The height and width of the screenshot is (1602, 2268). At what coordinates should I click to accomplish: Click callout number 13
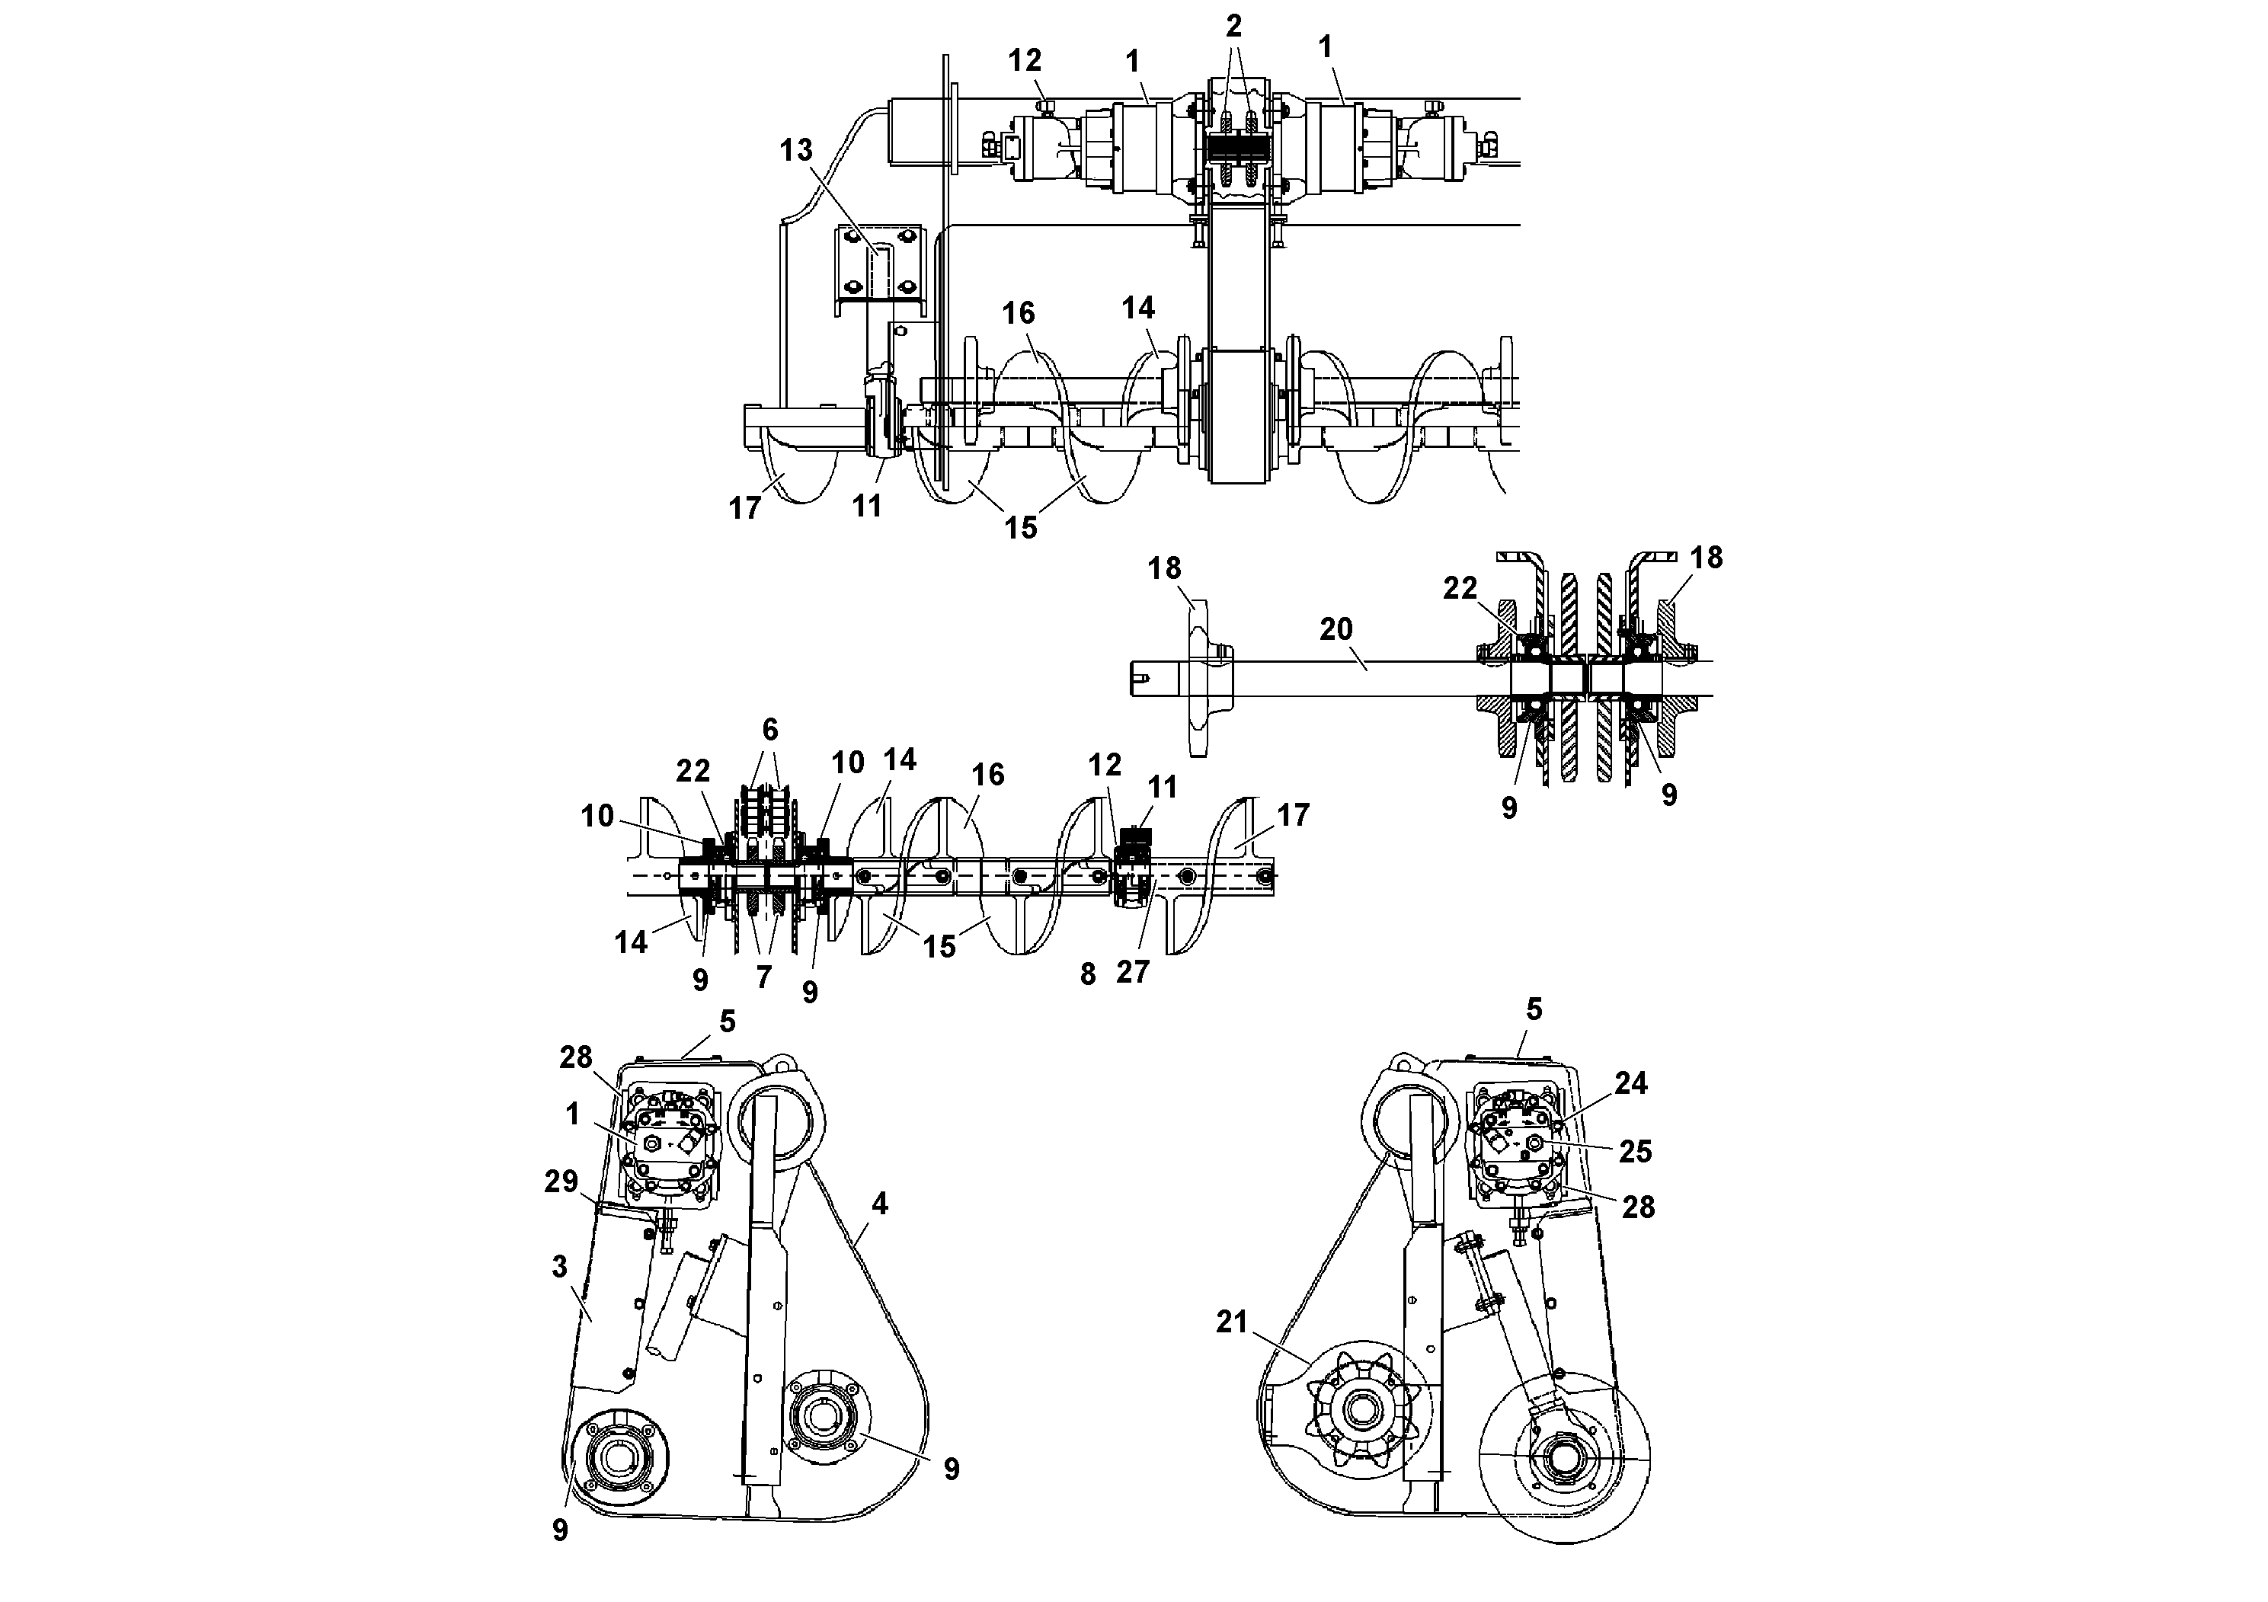coord(795,150)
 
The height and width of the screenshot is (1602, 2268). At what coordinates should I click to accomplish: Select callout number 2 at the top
coord(1233,27)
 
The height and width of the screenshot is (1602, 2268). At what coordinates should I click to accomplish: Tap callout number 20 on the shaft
coord(1336,629)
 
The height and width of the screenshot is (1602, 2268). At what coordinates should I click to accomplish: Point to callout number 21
coord(1232,1322)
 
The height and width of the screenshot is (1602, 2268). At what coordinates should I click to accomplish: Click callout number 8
coord(1088,975)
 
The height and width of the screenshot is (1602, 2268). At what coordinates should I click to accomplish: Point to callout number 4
coord(879,1203)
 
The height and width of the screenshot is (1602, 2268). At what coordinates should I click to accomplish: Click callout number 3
coord(560,1266)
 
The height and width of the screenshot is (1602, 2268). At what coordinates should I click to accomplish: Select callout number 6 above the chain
coord(769,730)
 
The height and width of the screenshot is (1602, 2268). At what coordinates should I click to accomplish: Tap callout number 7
coord(763,977)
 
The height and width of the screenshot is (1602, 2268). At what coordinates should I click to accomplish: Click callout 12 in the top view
coord(1025,61)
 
